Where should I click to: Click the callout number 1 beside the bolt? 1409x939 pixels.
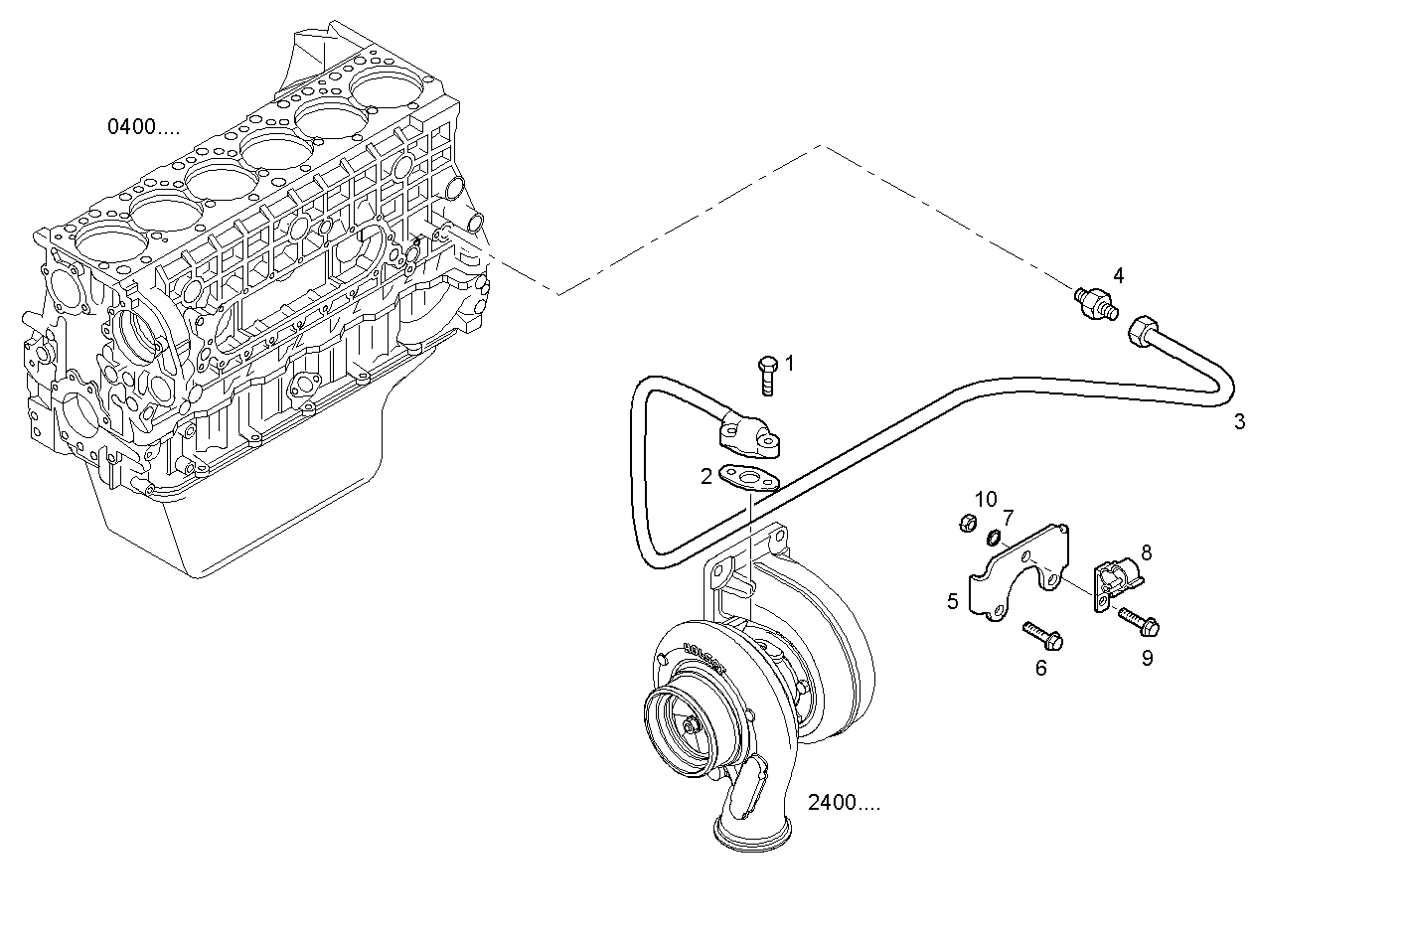pos(790,364)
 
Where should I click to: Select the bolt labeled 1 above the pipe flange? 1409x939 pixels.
pos(768,377)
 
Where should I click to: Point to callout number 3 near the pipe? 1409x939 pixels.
pos(1239,421)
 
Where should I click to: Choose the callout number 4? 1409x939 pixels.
pos(1118,275)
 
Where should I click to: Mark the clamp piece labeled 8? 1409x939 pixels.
pos(1118,581)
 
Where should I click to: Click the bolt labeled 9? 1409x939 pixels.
pos(1139,622)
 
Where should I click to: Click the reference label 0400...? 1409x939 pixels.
pos(144,127)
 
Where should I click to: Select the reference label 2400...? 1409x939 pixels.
pos(844,804)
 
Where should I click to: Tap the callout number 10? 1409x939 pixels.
pos(985,499)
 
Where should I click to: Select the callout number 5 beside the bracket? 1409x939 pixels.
pos(953,601)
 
